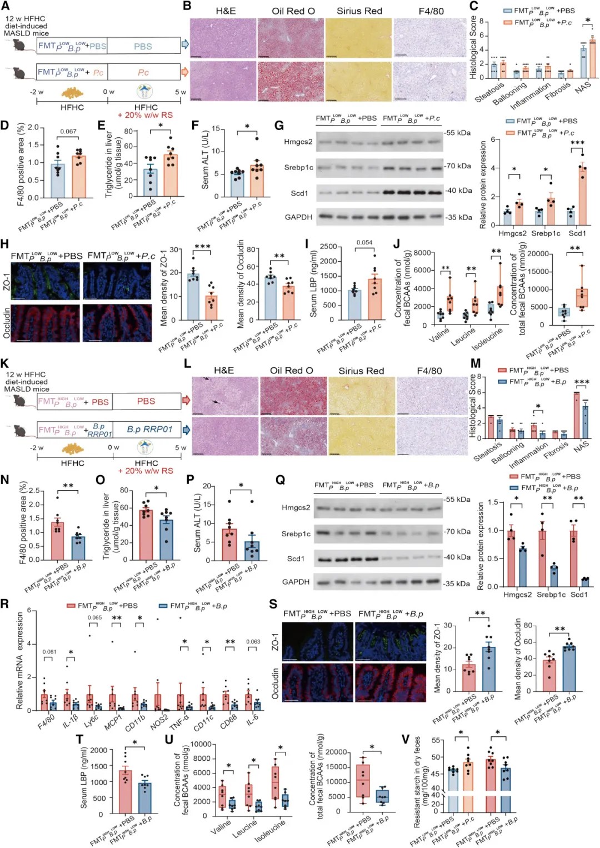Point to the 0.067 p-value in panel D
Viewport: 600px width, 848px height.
[68, 132]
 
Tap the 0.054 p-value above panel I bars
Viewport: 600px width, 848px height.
[364, 242]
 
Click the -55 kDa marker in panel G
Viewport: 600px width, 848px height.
[458, 133]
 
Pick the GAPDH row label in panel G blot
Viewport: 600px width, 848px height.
[298, 217]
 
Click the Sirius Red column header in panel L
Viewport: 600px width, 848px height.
[361, 371]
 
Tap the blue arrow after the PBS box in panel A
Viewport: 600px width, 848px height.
[186, 44]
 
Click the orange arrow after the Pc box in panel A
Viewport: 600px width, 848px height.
[186, 72]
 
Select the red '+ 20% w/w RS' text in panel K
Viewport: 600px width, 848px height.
[146, 471]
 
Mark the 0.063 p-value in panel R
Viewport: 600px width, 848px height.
[253, 641]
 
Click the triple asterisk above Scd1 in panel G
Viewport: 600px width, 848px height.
[577, 143]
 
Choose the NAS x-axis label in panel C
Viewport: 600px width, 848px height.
[582, 87]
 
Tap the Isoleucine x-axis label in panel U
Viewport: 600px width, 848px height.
[270, 830]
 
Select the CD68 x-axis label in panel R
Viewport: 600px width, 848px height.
[228, 721]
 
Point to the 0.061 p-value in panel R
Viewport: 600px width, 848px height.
[49, 652]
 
